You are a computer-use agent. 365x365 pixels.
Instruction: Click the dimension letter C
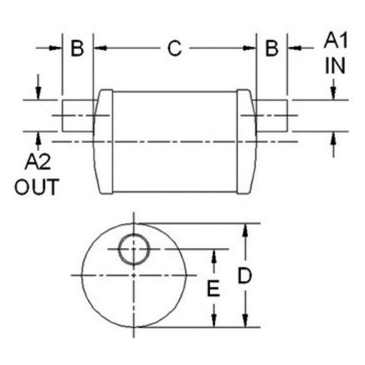tap(174, 48)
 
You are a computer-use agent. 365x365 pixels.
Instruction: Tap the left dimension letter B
tap(77, 48)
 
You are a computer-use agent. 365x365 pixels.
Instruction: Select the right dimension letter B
tap(272, 48)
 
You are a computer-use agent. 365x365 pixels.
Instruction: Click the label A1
tap(336, 41)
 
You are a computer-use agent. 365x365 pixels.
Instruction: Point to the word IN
tap(335, 66)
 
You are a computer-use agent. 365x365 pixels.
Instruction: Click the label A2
tap(37, 162)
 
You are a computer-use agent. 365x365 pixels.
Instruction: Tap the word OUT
tap(36, 187)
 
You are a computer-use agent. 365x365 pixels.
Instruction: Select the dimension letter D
tap(244, 276)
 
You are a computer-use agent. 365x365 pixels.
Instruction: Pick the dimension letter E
tap(214, 289)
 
